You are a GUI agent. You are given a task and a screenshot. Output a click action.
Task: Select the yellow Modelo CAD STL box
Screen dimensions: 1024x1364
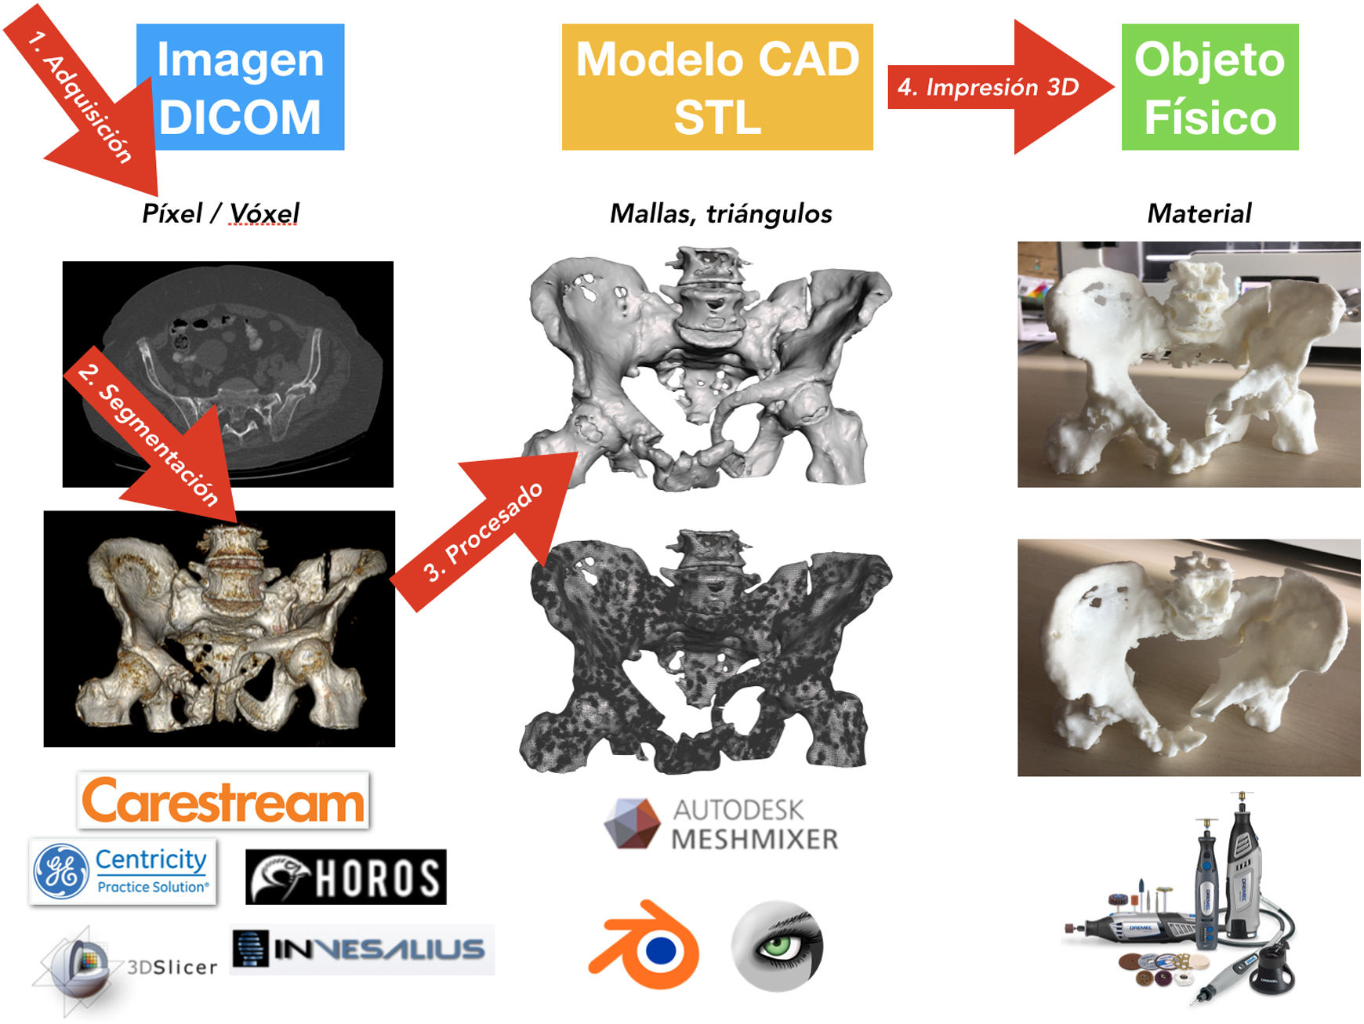click(717, 87)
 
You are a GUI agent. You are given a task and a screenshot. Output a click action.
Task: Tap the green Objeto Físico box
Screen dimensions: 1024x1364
click(1210, 87)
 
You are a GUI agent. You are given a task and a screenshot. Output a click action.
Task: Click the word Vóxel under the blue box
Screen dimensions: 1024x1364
click(264, 213)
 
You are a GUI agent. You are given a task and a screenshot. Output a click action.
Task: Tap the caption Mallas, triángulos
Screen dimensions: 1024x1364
click(720, 213)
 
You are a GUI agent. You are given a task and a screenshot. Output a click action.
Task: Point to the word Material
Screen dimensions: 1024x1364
click(1199, 213)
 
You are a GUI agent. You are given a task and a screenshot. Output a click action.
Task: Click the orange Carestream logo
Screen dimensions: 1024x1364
click(223, 801)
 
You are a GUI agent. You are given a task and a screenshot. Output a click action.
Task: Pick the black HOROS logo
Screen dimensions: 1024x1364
click(346, 877)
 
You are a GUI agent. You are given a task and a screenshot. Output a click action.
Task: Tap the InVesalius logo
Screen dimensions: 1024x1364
click(361, 949)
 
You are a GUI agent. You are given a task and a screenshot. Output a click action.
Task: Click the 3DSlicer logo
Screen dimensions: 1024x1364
click(118, 966)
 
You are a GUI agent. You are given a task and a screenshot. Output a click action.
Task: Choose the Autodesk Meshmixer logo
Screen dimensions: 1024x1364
click(721, 824)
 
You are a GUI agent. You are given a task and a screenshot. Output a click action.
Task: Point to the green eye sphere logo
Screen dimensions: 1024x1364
click(778, 945)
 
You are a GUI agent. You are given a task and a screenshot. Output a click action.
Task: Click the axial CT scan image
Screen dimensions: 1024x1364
click(228, 374)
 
